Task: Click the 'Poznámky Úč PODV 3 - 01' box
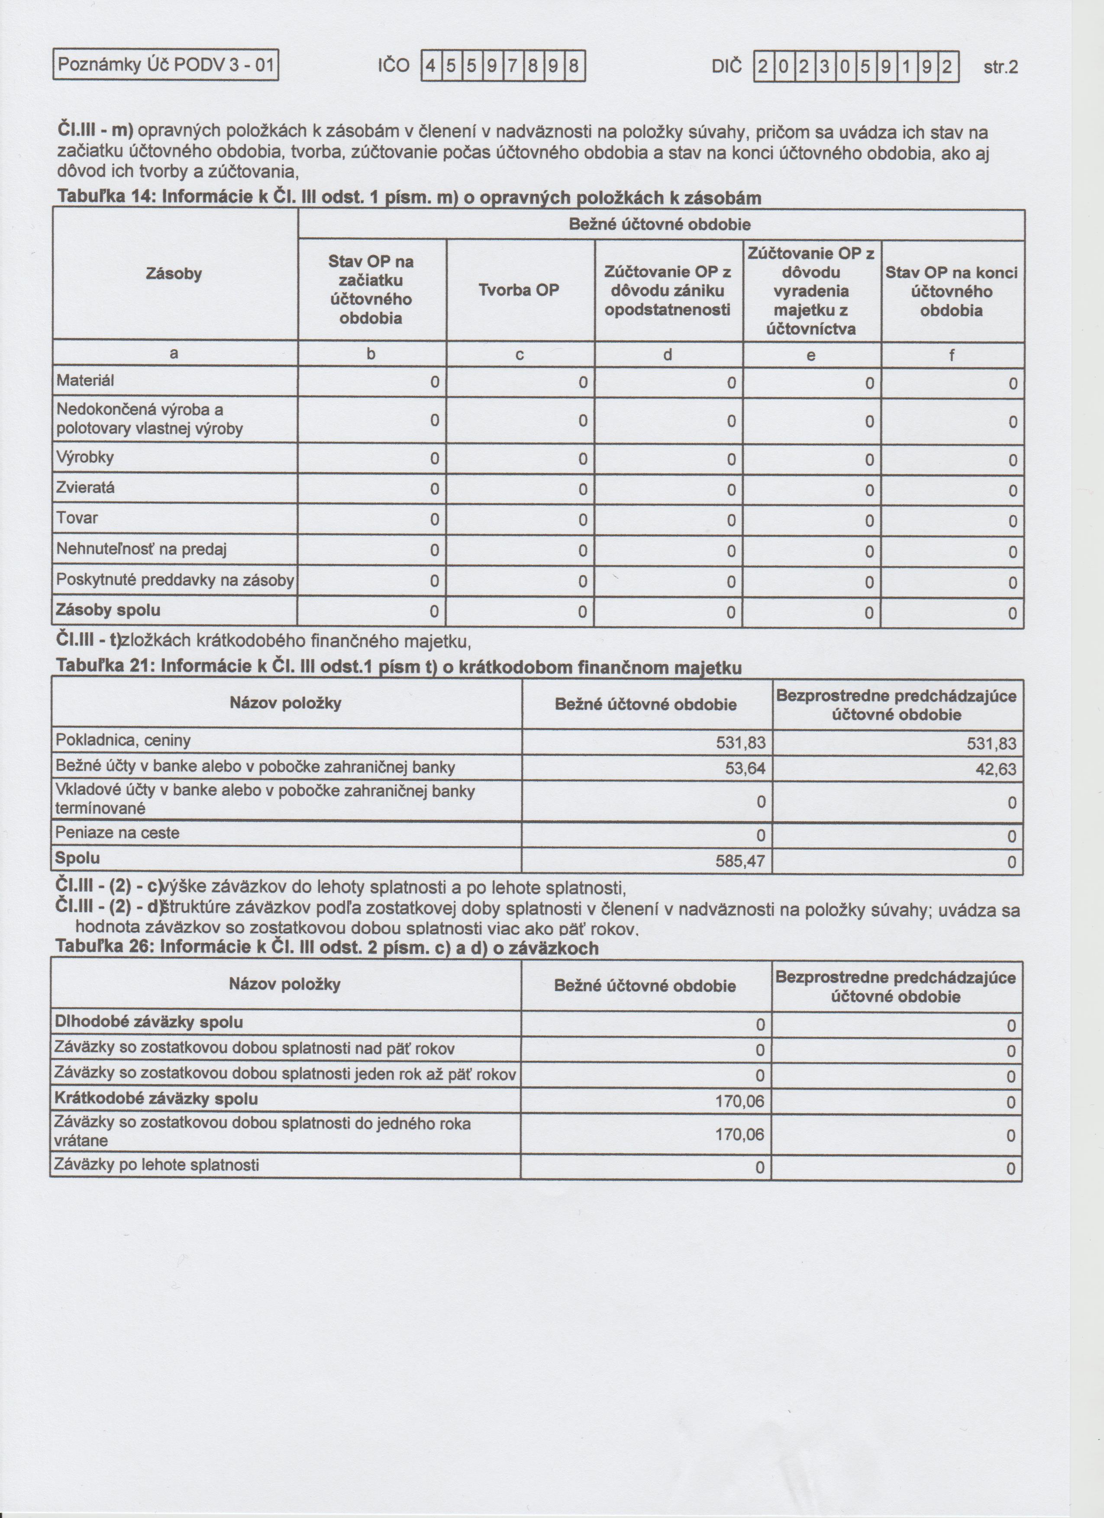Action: click(165, 66)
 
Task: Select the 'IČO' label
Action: click(394, 66)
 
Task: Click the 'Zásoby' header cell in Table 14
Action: click(174, 274)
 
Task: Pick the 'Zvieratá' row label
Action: click(86, 488)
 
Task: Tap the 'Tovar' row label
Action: click(77, 518)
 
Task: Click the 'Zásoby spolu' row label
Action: click(109, 610)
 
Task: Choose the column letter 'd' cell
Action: click(668, 355)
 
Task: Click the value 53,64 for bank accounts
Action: click(745, 768)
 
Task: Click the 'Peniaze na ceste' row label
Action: click(117, 833)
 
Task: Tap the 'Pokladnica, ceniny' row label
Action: click(123, 741)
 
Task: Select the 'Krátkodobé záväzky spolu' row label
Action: click(156, 1099)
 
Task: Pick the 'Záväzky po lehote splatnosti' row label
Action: click(157, 1165)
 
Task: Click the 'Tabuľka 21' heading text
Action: click(398, 667)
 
